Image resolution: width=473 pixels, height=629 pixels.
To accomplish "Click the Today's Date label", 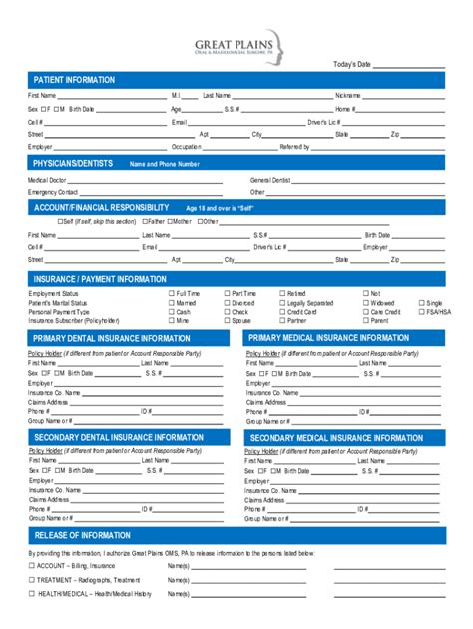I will tap(351, 64).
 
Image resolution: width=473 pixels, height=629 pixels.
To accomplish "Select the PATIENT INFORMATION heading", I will tap(74, 80).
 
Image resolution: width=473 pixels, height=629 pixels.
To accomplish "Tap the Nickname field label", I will tap(347, 95).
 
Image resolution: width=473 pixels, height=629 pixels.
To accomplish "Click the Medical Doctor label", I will tap(47, 180).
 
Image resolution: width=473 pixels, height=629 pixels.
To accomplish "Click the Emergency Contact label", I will tap(53, 192).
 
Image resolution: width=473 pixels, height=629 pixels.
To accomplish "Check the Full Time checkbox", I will tap(171, 293).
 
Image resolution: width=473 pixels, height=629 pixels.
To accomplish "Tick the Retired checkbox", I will tap(282, 293).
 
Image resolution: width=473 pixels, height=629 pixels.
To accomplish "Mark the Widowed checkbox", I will tap(365, 303).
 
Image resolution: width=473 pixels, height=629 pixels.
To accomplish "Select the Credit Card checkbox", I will tap(282, 312).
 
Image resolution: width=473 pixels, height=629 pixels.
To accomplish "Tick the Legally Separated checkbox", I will tap(282, 303).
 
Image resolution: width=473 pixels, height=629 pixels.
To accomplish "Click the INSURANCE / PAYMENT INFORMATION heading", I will tap(100, 279).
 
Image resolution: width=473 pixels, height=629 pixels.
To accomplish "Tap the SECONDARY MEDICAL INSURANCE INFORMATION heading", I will tap(336, 438).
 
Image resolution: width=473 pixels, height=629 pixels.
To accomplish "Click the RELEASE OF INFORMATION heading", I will tap(82, 535).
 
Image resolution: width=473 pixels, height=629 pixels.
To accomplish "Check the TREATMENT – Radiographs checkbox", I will tap(31, 579).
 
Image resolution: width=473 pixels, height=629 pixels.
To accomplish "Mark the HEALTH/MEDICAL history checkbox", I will tap(31, 594).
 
